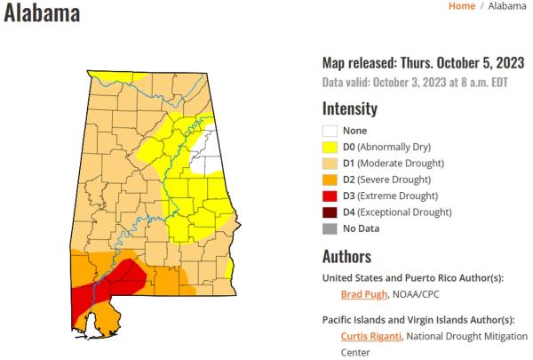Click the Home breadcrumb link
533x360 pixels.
[x=461, y=6]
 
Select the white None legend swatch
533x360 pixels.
[x=330, y=131]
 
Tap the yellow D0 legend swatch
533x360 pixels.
[x=330, y=147]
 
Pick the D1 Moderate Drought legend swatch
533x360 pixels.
[x=330, y=164]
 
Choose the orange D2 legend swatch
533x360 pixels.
[x=330, y=180]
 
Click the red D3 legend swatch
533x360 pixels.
[x=330, y=196]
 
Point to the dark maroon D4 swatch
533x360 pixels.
[x=330, y=212]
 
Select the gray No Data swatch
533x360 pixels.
[x=330, y=228]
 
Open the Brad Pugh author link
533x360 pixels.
[x=364, y=294]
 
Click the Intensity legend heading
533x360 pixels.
[x=349, y=109]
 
